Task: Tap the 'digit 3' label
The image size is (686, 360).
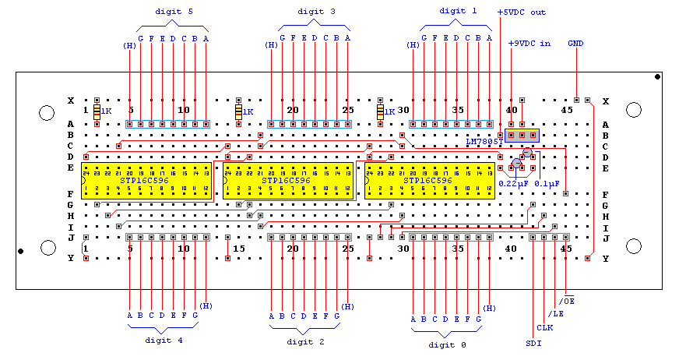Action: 316,12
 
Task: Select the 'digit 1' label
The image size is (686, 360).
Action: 457,10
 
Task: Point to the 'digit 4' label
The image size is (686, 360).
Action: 164,340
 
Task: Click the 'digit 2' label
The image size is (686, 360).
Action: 306,341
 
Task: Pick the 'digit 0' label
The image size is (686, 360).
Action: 447,344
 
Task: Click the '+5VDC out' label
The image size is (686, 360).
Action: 522,12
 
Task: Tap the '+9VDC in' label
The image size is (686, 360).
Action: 529,43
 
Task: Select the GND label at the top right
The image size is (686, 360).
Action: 576,43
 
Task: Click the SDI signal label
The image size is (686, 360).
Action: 533,342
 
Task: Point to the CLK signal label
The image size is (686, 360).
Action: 545,328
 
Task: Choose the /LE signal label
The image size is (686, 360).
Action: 556,314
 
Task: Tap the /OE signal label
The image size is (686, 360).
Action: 567,300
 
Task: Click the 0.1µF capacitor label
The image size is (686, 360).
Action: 544,183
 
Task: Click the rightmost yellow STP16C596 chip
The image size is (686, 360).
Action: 430,180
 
